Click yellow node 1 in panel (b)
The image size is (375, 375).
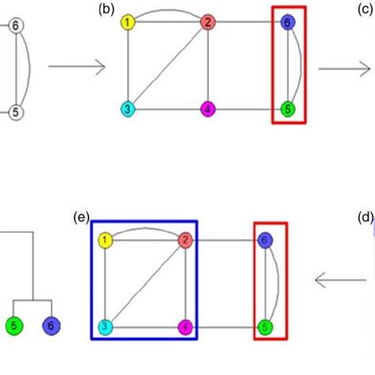click(x=128, y=23)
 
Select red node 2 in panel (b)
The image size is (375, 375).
click(x=207, y=23)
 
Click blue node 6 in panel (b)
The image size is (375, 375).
click(x=288, y=25)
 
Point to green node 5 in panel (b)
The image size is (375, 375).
click(x=288, y=108)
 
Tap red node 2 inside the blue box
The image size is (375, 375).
click(x=184, y=240)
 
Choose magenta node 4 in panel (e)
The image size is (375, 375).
click(x=184, y=325)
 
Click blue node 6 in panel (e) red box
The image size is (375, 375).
click(x=266, y=240)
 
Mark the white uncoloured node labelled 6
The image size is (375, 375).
click(x=17, y=27)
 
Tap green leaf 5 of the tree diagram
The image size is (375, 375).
click(x=13, y=325)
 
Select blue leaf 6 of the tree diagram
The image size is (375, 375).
click(x=51, y=325)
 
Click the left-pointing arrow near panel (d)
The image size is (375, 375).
click(x=335, y=279)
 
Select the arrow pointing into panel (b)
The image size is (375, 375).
click(x=77, y=67)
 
